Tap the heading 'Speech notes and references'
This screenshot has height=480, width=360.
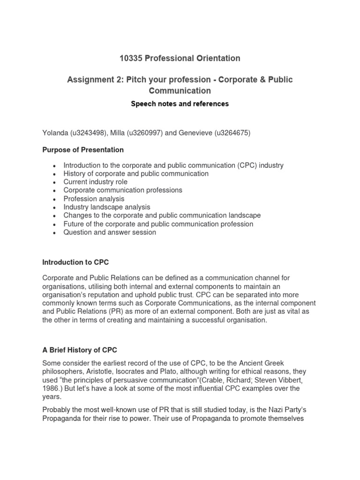(180, 104)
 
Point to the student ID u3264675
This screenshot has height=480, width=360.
(232, 133)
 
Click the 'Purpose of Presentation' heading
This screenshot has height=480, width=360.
(83, 150)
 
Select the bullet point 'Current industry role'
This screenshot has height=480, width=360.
(96, 182)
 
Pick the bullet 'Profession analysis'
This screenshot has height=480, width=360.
(94, 199)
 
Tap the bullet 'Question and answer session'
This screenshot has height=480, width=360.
(110, 232)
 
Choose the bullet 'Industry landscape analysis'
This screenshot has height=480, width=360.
(107, 207)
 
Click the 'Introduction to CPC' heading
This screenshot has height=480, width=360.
(75, 262)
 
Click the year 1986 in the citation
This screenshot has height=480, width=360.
(52, 389)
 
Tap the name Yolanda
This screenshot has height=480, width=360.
(55, 133)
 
